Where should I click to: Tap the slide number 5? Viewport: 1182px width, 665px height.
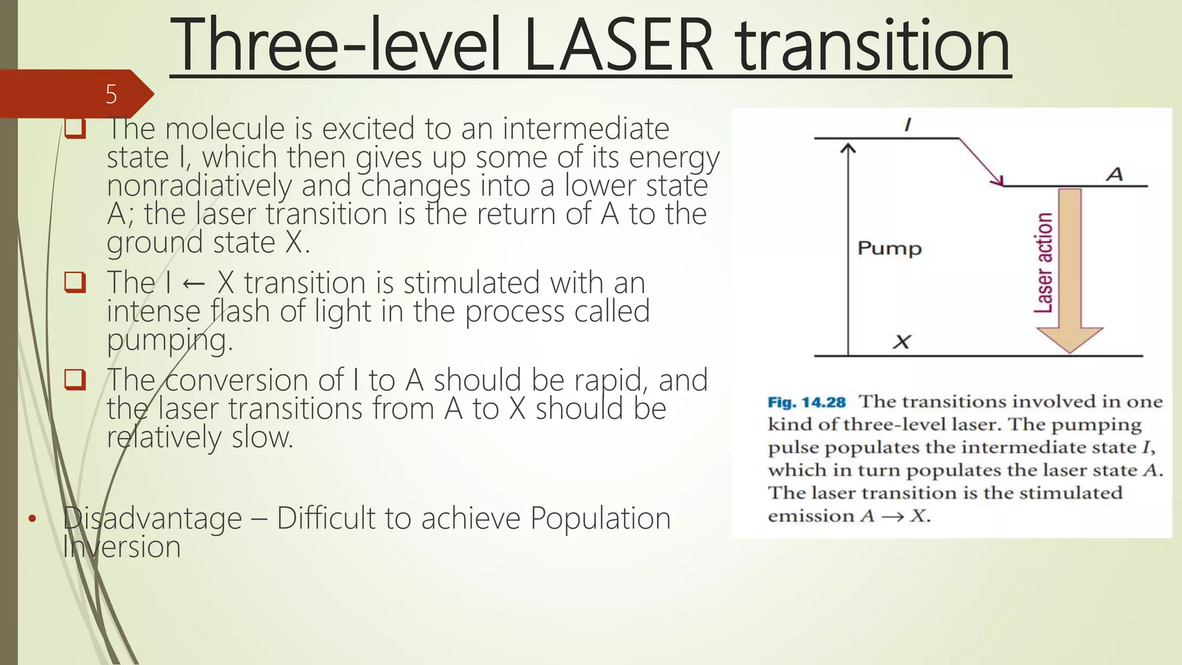tap(111, 94)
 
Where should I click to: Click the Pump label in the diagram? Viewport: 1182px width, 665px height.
tap(889, 248)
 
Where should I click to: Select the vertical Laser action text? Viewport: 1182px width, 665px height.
tap(1043, 263)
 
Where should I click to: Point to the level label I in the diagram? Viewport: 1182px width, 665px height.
tap(907, 124)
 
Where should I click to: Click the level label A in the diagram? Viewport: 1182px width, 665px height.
tap(1114, 174)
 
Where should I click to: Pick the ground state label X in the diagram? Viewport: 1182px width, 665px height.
tap(902, 342)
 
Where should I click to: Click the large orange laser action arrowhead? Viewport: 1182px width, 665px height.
tap(1069, 339)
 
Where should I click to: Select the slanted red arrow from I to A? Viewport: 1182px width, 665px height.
tap(981, 162)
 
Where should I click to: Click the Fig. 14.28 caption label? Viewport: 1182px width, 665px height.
tap(806, 402)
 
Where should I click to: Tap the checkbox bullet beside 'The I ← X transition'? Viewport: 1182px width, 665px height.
tap(75, 282)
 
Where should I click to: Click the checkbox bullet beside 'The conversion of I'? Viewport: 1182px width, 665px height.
tap(75, 380)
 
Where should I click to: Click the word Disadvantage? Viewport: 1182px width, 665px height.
tap(152, 518)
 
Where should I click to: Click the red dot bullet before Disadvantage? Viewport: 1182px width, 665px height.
tap(32, 518)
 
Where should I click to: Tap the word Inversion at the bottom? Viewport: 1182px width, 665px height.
tap(122, 547)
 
